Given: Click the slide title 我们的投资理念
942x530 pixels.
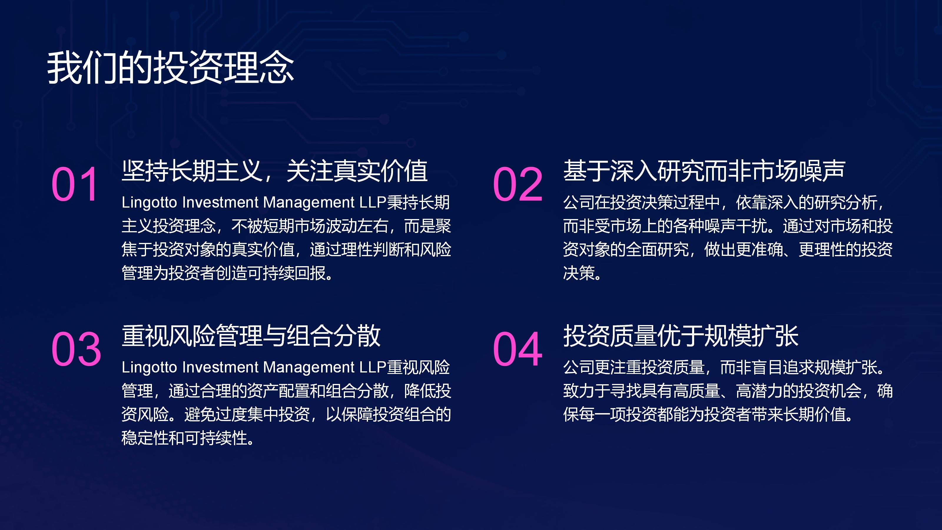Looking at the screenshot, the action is click(170, 68).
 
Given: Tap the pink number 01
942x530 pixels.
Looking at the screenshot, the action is click(75, 184).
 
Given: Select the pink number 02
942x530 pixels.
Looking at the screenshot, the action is click(518, 184).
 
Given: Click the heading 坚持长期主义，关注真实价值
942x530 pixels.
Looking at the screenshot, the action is click(275, 171).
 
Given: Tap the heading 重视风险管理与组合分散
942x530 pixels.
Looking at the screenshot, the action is click(251, 335).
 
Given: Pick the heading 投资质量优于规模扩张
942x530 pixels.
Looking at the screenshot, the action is click(681, 335).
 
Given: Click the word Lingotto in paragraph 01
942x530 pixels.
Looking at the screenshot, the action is click(149, 203).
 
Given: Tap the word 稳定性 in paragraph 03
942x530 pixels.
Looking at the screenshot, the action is click(145, 438).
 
